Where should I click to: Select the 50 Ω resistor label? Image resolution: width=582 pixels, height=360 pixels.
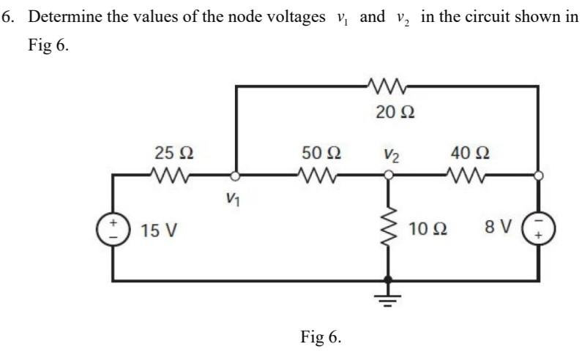click(321, 154)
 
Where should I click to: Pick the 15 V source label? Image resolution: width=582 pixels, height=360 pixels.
click(159, 231)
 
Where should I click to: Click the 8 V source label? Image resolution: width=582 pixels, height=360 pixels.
click(497, 228)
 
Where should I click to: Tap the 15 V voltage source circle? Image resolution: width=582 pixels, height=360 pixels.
click(113, 228)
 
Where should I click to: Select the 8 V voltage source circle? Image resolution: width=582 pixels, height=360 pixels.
click(539, 229)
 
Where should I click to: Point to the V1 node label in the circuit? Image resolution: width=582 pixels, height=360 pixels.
click(232, 197)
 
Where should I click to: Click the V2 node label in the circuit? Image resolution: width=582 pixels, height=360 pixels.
click(392, 155)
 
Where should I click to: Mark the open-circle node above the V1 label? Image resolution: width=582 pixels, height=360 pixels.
click(235, 176)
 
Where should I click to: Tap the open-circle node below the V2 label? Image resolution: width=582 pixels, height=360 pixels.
click(389, 176)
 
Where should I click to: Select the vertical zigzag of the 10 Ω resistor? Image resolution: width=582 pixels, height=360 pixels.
click(389, 228)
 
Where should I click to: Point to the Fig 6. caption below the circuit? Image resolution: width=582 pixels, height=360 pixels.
click(321, 337)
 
